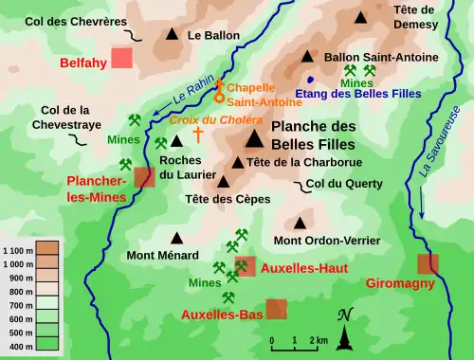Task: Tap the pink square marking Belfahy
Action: (121, 58)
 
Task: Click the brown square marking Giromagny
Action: (428, 263)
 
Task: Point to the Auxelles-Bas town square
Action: (276, 309)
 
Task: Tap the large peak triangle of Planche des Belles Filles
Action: (254, 140)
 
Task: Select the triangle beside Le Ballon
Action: (172, 35)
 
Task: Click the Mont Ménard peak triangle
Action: (175, 239)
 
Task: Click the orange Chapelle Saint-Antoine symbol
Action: (221, 91)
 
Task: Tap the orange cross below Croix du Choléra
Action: (198, 135)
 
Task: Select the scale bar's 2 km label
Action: (321, 339)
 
